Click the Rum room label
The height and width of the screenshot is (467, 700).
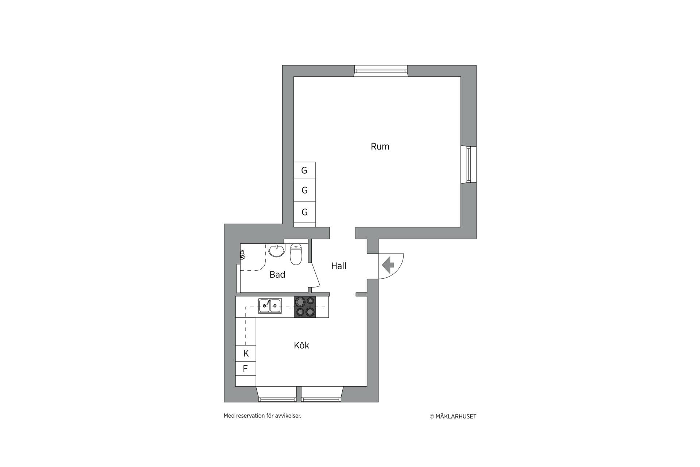point(380,146)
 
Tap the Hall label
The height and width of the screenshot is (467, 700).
point(339,266)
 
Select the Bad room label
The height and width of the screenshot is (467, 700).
point(277,274)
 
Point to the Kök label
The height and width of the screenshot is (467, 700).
point(302,345)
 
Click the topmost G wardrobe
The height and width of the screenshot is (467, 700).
point(304,170)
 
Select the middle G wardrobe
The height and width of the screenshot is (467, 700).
point(304,190)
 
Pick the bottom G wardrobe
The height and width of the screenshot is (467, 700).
point(304,212)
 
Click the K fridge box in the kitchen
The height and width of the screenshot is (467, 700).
point(246,353)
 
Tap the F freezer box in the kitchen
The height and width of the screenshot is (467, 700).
point(246,368)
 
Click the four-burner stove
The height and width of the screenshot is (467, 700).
point(305,306)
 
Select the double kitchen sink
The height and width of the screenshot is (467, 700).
point(270,305)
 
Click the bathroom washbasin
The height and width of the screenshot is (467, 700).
point(276,250)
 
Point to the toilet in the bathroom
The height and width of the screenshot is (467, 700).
point(296,254)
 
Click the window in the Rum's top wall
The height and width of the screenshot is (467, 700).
point(381,71)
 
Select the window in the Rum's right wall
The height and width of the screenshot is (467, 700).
point(469,165)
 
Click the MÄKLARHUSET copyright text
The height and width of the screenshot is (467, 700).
point(453,416)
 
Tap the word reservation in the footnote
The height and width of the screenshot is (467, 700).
point(250,416)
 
